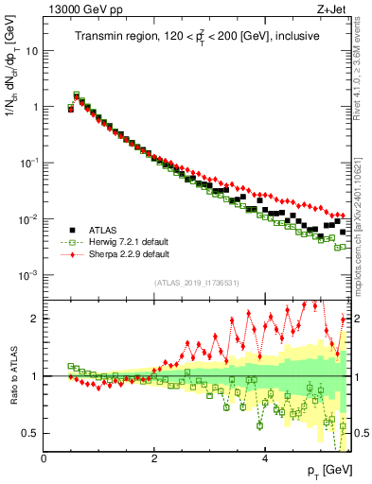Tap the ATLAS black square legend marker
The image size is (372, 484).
(73, 229)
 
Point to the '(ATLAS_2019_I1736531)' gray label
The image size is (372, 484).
(197, 283)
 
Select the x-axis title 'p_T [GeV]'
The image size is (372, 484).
(325, 471)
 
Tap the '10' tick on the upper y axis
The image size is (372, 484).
(31, 50)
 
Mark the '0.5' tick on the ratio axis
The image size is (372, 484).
(31, 433)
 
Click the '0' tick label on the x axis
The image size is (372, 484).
(44, 458)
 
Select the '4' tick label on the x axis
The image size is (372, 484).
(264, 458)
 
